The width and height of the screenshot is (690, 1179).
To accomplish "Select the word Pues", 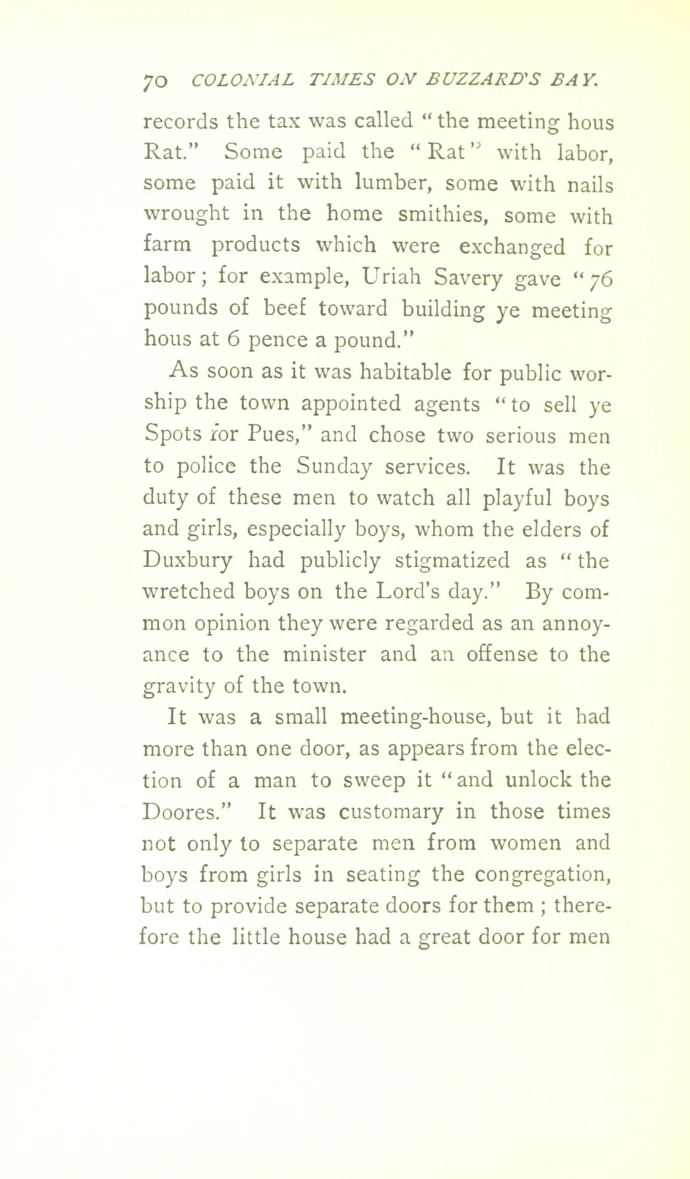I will coord(283,435).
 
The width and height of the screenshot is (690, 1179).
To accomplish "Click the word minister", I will coord(324,654).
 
